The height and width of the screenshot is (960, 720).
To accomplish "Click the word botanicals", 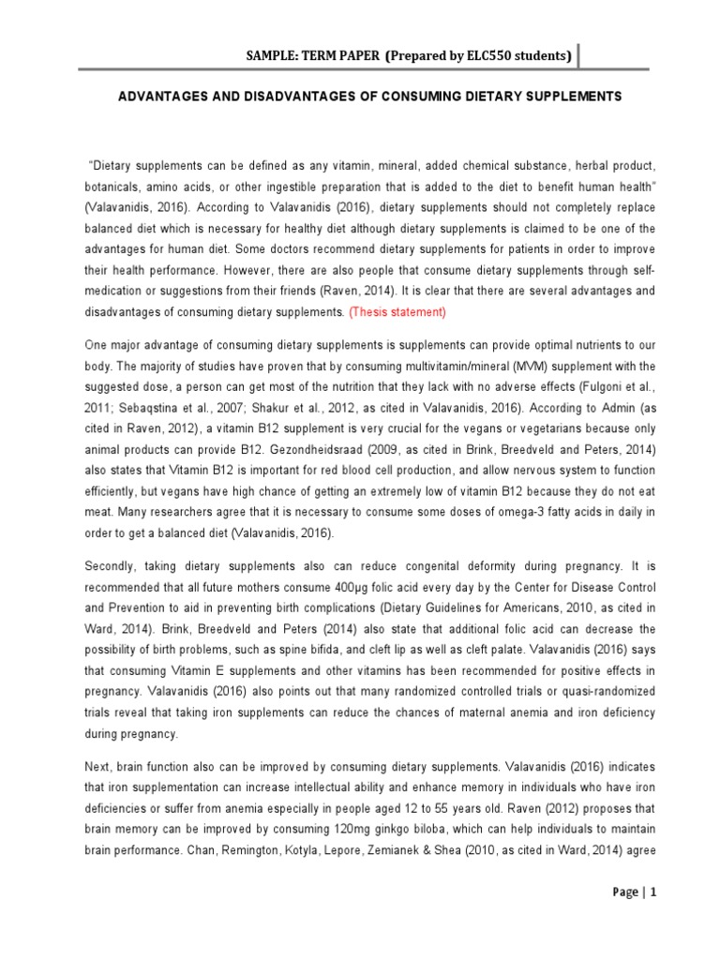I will tap(112, 187).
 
